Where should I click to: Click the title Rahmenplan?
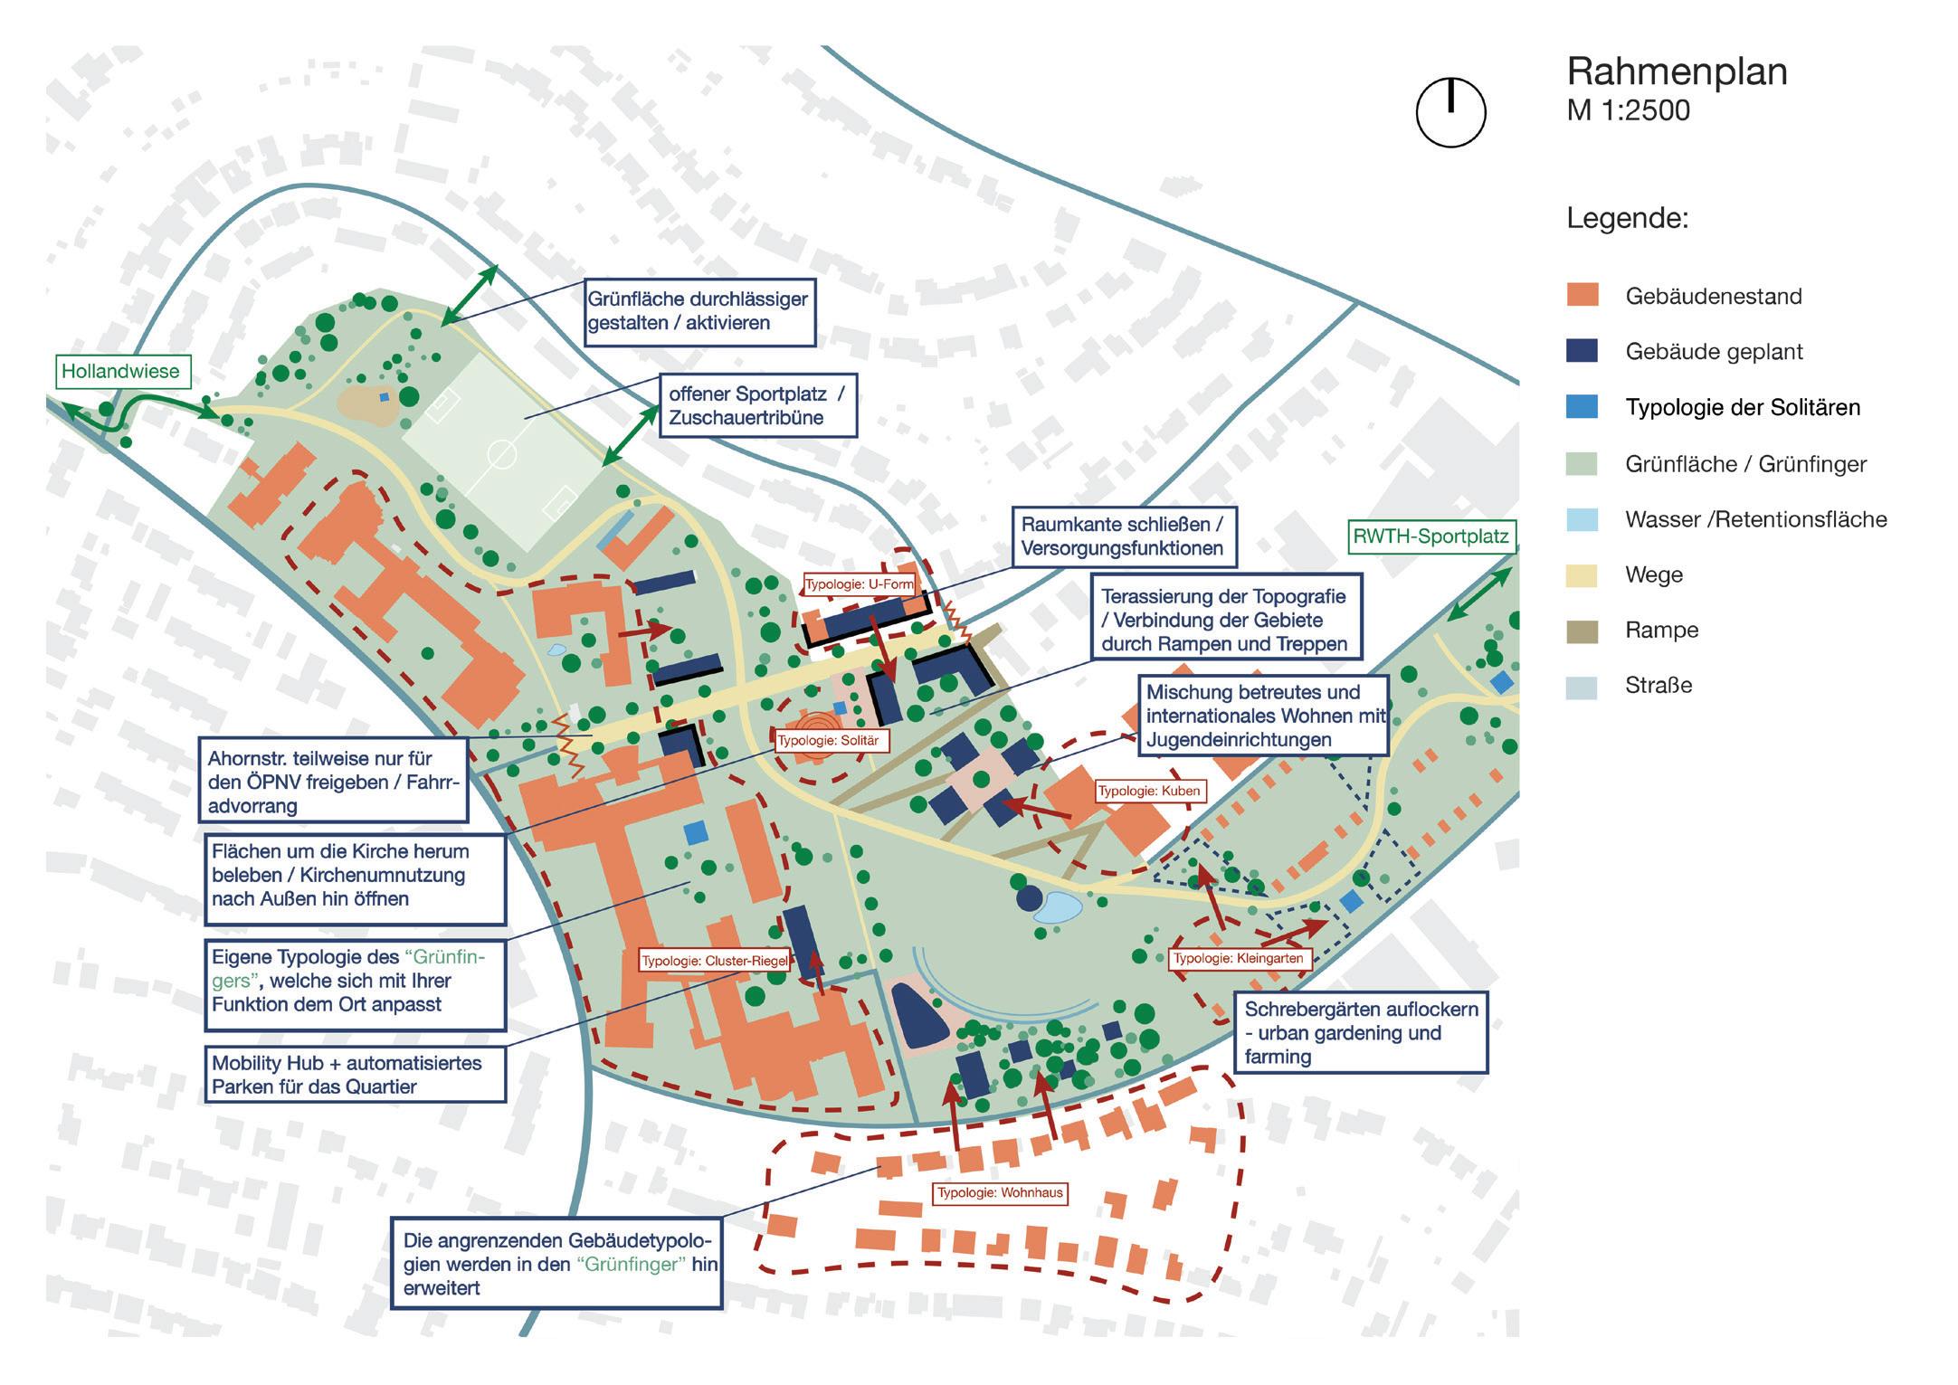click(1677, 71)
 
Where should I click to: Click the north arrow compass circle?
click(1450, 112)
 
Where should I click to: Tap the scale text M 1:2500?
click(1628, 110)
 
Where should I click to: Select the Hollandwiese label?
click(120, 371)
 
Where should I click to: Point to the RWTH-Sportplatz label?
click(1430, 536)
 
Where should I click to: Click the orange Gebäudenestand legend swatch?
click(1582, 295)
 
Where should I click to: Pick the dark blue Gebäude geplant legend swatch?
click(1582, 351)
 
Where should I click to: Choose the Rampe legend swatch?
click(1582, 630)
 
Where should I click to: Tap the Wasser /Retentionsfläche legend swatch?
click(1582, 519)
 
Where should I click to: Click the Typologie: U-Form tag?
click(860, 584)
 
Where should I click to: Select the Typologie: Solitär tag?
click(828, 740)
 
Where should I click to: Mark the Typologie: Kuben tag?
click(1148, 791)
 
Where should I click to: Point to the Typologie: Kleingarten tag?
click(1238, 959)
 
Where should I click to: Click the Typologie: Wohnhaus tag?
click(1000, 1193)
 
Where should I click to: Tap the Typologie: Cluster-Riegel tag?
click(714, 961)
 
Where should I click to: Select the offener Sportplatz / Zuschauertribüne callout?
click(757, 406)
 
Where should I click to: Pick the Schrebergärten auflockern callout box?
click(1361, 1033)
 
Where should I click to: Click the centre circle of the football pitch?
click(500, 453)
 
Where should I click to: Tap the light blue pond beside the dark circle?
click(1059, 906)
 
